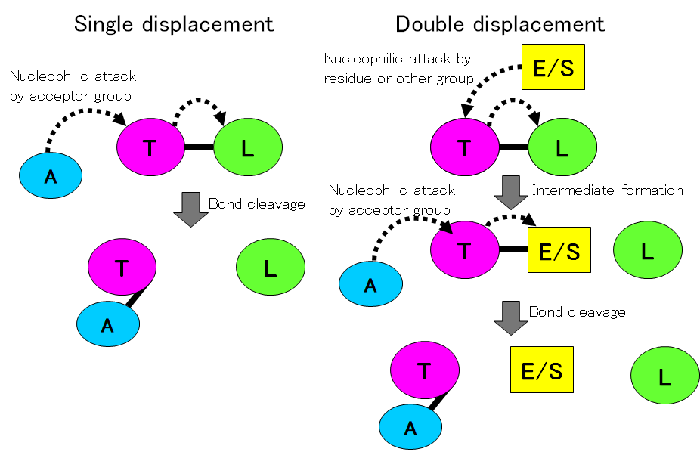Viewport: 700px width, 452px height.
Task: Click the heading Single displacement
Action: click(x=174, y=23)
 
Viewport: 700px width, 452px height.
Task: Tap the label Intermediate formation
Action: click(x=607, y=190)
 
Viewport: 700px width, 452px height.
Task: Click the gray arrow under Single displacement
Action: click(x=190, y=208)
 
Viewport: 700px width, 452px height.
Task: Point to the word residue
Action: click(x=348, y=78)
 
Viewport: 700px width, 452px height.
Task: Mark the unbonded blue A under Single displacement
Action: click(x=51, y=176)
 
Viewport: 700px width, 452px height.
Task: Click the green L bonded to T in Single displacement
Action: click(x=248, y=148)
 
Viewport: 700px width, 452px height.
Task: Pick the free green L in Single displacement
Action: click(x=271, y=267)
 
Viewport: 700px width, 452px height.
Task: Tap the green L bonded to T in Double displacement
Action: click(x=562, y=148)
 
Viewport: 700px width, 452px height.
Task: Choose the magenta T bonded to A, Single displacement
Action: click(x=122, y=267)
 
